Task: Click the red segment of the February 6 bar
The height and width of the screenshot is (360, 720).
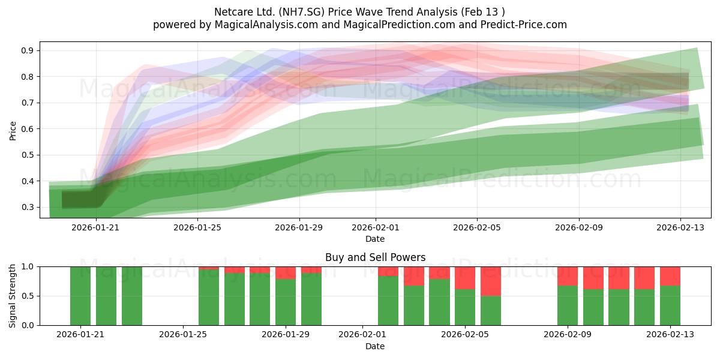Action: [x=491, y=281]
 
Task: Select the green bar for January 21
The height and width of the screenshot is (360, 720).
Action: [x=80, y=296]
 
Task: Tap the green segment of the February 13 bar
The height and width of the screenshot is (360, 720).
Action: [x=670, y=305]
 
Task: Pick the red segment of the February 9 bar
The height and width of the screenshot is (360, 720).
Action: [x=568, y=276]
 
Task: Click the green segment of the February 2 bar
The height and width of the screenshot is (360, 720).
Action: [x=388, y=301]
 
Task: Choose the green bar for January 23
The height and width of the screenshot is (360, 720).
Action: [x=132, y=296]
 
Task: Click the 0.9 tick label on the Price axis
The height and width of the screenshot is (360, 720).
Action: [x=28, y=50]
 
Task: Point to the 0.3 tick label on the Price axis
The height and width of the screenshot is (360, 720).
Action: [x=28, y=207]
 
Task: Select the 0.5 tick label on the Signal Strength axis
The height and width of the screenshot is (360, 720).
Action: [x=28, y=296]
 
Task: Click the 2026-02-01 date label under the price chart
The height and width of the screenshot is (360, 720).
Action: [x=376, y=227]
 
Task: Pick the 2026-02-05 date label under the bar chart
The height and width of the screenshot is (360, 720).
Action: [x=465, y=335]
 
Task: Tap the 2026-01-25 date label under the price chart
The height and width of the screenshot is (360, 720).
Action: [x=197, y=227]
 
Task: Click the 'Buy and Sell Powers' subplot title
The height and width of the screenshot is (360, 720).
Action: [x=376, y=257]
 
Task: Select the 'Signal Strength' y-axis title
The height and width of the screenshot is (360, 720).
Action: [x=12, y=296]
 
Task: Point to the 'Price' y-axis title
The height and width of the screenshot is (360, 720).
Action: [x=13, y=131]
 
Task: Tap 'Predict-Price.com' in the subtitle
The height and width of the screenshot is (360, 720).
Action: [x=524, y=25]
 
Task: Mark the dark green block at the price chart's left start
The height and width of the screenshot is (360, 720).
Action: [x=81, y=200]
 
